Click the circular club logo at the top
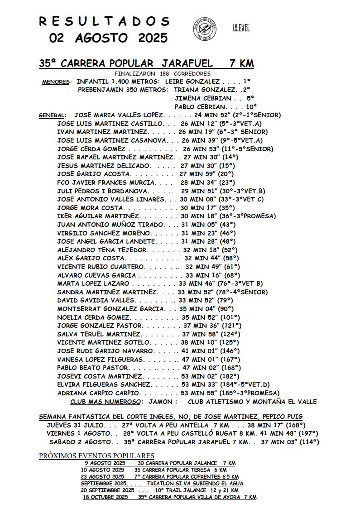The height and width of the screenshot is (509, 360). tap(205, 29)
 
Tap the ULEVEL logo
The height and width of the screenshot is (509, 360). tap(241, 28)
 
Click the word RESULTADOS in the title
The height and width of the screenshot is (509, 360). tap(104, 21)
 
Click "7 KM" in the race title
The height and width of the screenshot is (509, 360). tap(241, 63)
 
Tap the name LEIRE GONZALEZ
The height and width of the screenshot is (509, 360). tap(192, 82)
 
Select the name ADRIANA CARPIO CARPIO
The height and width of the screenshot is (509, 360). tap(99, 393)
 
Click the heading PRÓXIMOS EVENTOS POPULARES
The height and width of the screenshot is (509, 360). tap(96, 456)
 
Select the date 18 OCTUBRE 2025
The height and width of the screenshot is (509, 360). tap(105, 497)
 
